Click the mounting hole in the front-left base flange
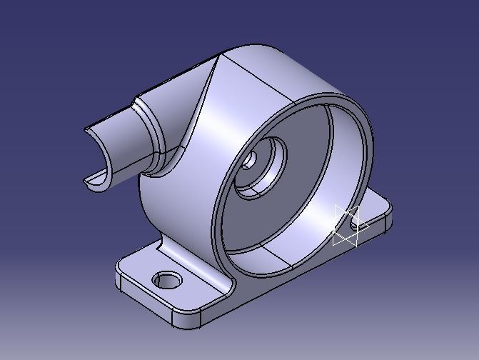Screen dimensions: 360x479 click(168, 279)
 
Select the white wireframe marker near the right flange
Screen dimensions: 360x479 click(346, 226)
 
